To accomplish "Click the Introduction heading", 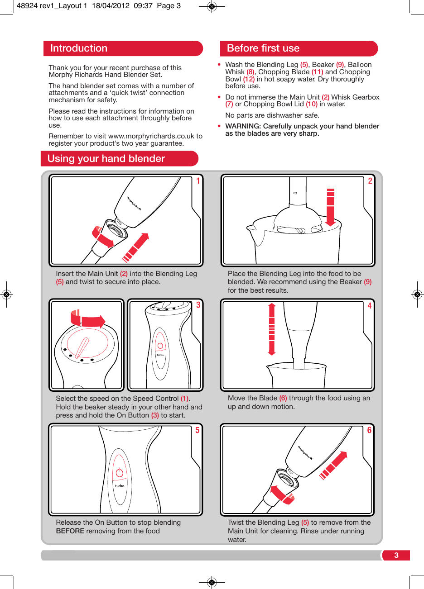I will click(x=79, y=48).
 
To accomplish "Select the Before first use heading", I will click(x=263, y=48).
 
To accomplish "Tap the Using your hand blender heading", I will click(x=106, y=159).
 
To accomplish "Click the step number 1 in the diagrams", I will click(x=198, y=181).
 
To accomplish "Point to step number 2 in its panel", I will click(x=370, y=181).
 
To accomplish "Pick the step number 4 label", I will click(x=370, y=306).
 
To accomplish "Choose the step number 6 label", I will click(x=369, y=430).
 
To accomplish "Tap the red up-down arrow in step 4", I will click(x=272, y=329).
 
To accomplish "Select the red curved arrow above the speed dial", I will click(x=88, y=319).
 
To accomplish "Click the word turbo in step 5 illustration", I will click(x=120, y=486).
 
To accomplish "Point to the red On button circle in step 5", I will click(x=120, y=473).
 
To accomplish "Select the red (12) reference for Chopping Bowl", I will click(x=249, y=79).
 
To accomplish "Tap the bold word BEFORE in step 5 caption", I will click(x=70, y=531).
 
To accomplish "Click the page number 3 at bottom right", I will click(x=396, y=556).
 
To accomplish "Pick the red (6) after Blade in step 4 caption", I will click(x=283, y=398).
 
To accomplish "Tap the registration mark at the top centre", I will click(x=212, y=7).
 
